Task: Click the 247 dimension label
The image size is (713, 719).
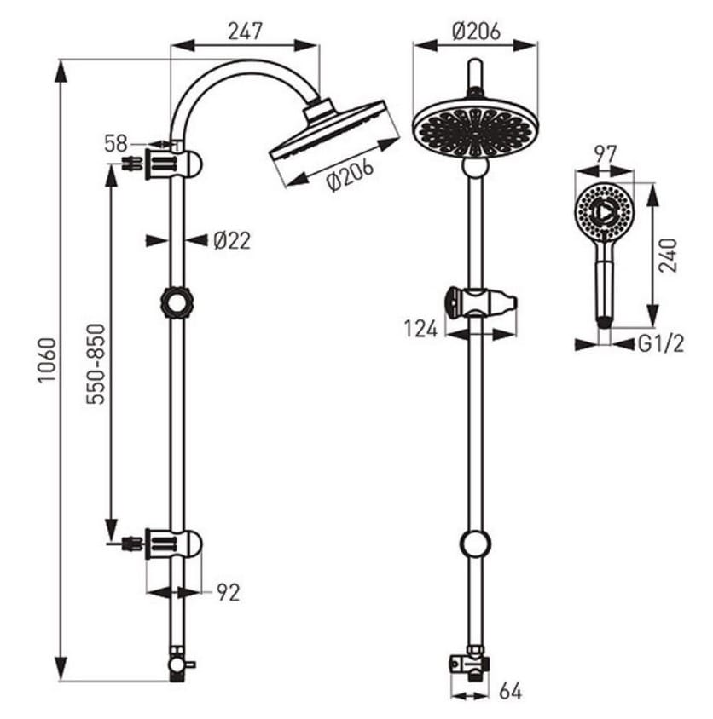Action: tap(245, 32)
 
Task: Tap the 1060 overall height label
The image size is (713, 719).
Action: tap(47, 360)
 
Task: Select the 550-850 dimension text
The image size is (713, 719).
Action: tap(96, 364)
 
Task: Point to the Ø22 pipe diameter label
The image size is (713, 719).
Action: tap(232, 240)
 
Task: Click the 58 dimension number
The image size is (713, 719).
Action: tap(116, 143)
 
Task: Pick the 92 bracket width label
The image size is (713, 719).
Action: tap(229, 592)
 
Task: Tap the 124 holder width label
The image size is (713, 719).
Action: tap(421, 329)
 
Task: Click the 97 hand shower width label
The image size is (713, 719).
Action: tap(605, 154)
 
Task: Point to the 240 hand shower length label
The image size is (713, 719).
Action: tap(668, 256)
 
